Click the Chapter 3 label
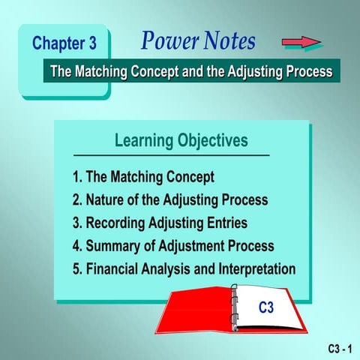point(69,43)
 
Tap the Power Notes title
point(198,40)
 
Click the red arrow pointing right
point(301,41)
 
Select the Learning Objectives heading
point(181,140)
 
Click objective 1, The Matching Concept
point(143,177)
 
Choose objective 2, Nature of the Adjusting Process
point(169,200)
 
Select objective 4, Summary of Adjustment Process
point(173,245)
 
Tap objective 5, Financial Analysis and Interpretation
point(184,268)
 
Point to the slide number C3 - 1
point(340,349)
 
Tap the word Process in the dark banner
point(305,71)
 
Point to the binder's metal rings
point(234,307)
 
